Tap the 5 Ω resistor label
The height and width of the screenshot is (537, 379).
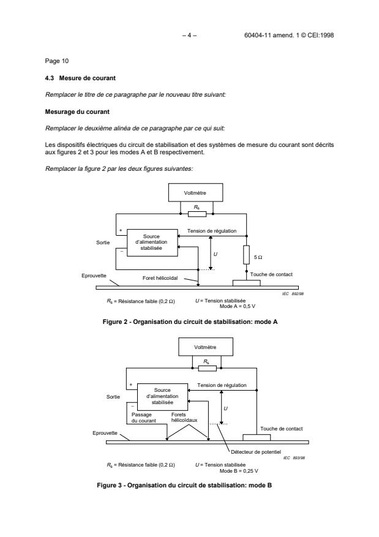259,257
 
